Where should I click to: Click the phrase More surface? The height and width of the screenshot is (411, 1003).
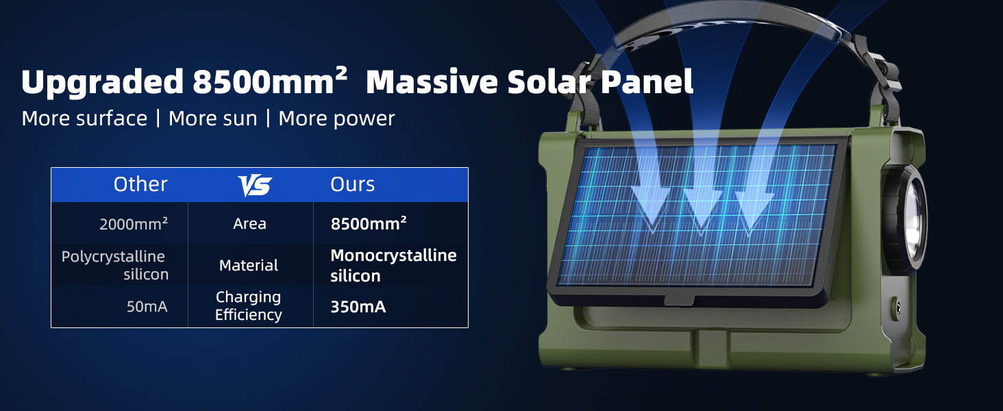point(84,119)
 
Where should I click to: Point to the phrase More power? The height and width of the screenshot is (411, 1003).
point(336,119)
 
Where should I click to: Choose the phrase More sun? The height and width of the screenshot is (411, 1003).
point(212,119)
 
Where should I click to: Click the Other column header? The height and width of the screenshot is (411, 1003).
point(140,184)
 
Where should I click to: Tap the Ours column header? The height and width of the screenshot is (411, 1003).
point(352,184)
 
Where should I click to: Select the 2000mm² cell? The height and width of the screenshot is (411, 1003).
point(134,224)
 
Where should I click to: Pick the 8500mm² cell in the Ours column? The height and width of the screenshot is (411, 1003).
point(369,223)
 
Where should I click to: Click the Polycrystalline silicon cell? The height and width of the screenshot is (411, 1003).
point(114,266)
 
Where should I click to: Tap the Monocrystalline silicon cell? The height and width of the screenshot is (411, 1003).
point(393,266)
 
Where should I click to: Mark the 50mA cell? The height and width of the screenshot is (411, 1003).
point(147,307)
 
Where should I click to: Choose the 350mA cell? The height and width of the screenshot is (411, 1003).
point(358,307)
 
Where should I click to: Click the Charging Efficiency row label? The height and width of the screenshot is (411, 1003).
point(249,306)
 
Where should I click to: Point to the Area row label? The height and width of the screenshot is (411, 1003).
point(249,223)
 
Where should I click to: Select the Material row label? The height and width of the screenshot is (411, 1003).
point(249,266)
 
